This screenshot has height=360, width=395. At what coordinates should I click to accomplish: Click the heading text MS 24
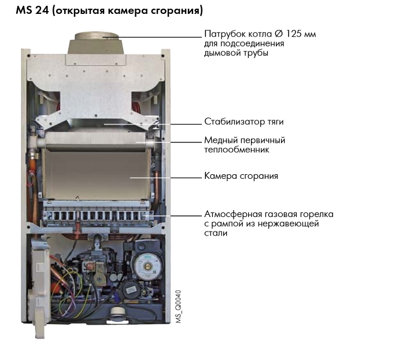32,10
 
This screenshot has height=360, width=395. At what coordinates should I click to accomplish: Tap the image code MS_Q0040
178,307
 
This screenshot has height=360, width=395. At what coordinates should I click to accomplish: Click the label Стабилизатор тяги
244,122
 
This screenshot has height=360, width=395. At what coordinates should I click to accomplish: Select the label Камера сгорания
241,176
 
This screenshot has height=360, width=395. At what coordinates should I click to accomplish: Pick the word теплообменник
237,150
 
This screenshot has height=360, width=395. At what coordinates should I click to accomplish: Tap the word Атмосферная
233,214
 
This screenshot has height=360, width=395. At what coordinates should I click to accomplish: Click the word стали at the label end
216,233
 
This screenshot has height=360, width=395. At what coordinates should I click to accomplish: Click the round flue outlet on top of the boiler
96,36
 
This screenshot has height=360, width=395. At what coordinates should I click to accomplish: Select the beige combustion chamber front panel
96,174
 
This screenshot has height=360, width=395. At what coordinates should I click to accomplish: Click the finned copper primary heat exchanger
95,141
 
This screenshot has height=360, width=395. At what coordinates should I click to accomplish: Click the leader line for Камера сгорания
166,178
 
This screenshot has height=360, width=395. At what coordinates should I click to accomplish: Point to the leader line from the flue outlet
152,37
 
